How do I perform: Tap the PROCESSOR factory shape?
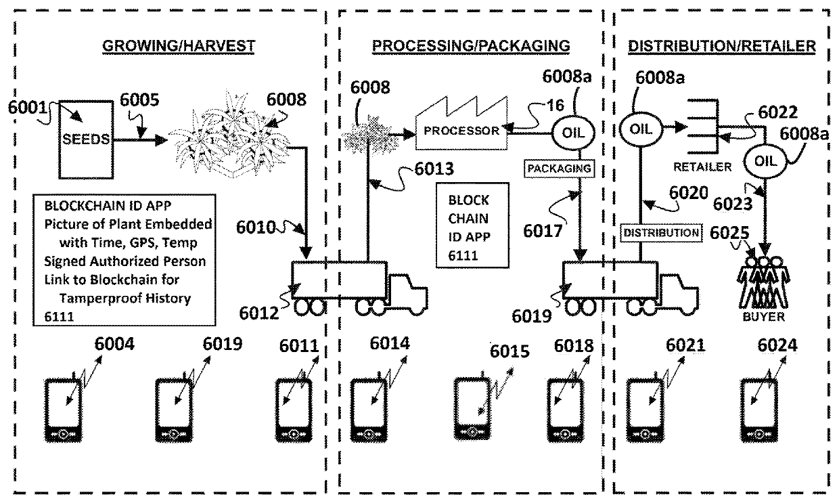pos(461,124)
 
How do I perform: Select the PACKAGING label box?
pos(559,169)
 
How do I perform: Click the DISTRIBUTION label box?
pos(661,233)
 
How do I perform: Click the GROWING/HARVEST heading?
pos(179,46)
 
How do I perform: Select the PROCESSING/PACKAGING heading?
pos(471,46)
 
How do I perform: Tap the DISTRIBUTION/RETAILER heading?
pos(722,46)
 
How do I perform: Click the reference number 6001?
pos(27,108)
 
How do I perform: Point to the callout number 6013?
pos(434,169)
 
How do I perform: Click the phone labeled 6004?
pos(63,411)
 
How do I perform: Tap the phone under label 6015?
pos(472,408)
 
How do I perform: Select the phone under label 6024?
pos(758,411)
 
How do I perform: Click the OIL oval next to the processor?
pos(574,133)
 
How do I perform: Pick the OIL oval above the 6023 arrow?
pos(765,161)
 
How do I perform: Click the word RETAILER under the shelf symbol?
pos(702,167)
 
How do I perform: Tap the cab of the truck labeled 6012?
pos(408,294)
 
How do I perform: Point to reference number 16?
pos(555,106)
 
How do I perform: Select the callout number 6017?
pos(543,231)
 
